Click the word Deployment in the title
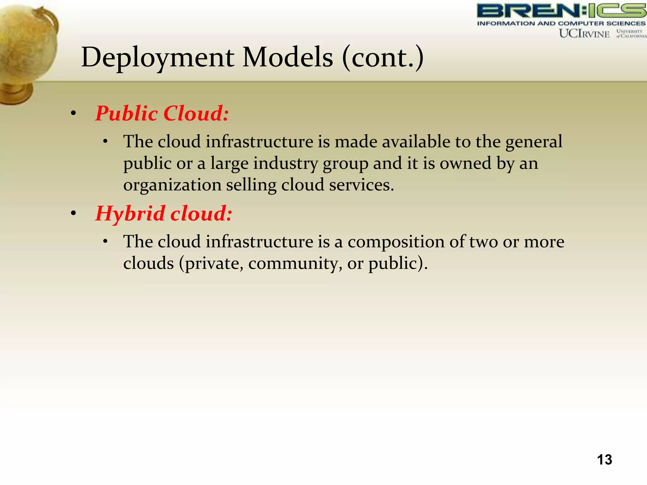[x=158, y=58]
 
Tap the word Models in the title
[x=287, y=58]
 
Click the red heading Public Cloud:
[x=162, y=113]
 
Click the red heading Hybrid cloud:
[x=164, y=213]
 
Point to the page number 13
[x=604, y=459]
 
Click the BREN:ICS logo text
[x=561, y=11]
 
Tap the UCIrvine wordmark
[x=584, y=34]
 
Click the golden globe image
[x=27, y=51]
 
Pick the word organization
[x=172, y=185]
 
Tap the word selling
[x=251, y=185]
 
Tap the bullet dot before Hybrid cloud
[x=74, y=214]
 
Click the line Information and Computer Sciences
[x=561, y=23]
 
